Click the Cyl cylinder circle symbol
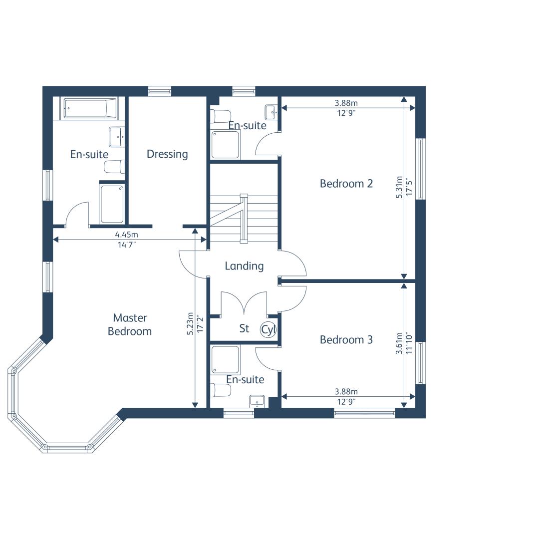pyautogui.click(x=268, y=329)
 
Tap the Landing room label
pyautogui.click(x=244, y=266)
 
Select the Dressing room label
pyautogui.click(x=167, y=154)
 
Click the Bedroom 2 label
pyautogui.click(x=346, y=184)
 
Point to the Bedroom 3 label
pyautogui.click(x=346, y=340)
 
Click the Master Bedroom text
pyautogui.click(x=130, y=324)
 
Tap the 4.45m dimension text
pyautogui.click(x=126, y=235)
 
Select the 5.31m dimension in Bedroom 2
pyautogui.click(x=399, y=187)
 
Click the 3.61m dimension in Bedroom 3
pyautogui.click(x=399, y=343)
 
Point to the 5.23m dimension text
pyautogui.click(x=190, y=323)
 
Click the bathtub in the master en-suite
pyautogui.click(x=90, y=108)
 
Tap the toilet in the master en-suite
pyautogui.click(x=114, y=167)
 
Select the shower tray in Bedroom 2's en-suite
pyautogui.click(x=225, y=144)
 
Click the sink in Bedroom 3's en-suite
pyautogui.click(x=257, y=401)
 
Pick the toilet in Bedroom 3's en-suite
pyautogui.click(x=221, y=390)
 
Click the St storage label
pyautogui.click(x=244, y=328)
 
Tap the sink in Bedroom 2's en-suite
pyautogui.click(x=271, y=112)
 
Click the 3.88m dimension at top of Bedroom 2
pyautogui.click(x=346, y=103)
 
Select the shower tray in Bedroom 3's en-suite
pyautogui.click(x=225, y=360)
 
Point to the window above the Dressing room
pyautogui.click(x=160, y=91)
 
